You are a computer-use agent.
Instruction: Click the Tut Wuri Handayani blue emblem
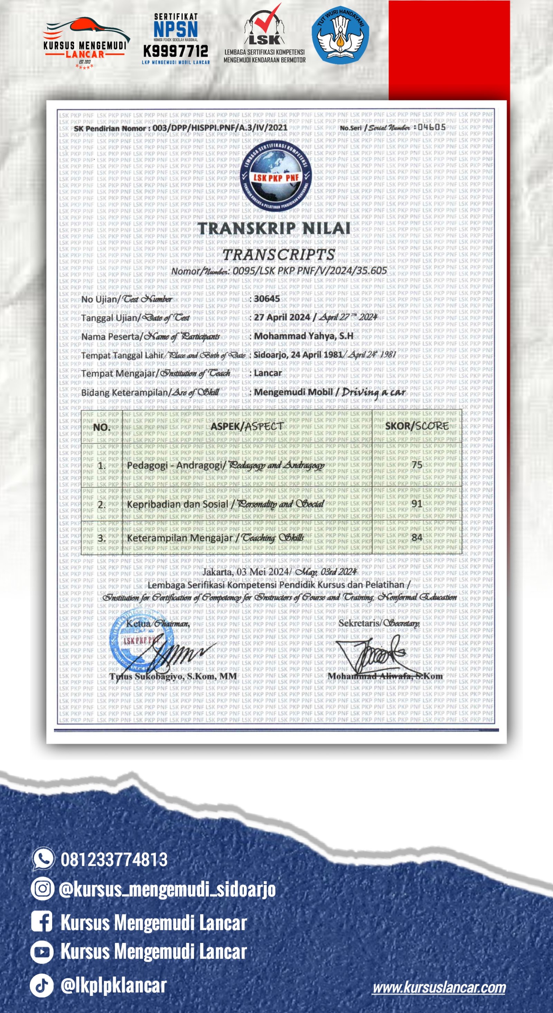(x=340, y=35)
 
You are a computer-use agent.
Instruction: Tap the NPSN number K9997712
(x=176, y=51)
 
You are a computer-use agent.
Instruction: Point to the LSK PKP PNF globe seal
(x=276, y=176)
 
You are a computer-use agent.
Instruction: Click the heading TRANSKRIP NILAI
(x=274, y=228)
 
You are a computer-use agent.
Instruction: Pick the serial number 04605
(x=431, y=127)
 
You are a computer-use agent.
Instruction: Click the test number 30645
(x=267, y=298)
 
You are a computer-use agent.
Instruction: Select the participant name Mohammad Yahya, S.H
(x=303, y=336)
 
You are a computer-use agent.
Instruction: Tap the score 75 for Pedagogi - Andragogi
(x=416, y=465)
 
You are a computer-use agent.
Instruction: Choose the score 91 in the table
(x=416, y=503)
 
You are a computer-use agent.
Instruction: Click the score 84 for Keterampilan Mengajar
(x=416, y=537)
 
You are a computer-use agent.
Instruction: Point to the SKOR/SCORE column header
(x=416, y=426)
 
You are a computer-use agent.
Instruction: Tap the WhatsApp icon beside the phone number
(x=43, y=858)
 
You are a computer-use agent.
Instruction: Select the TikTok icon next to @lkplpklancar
(x=42, y=985)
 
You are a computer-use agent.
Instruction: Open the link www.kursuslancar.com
(x=439, y=987)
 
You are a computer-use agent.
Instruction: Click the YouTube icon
(x=42, y=952)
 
